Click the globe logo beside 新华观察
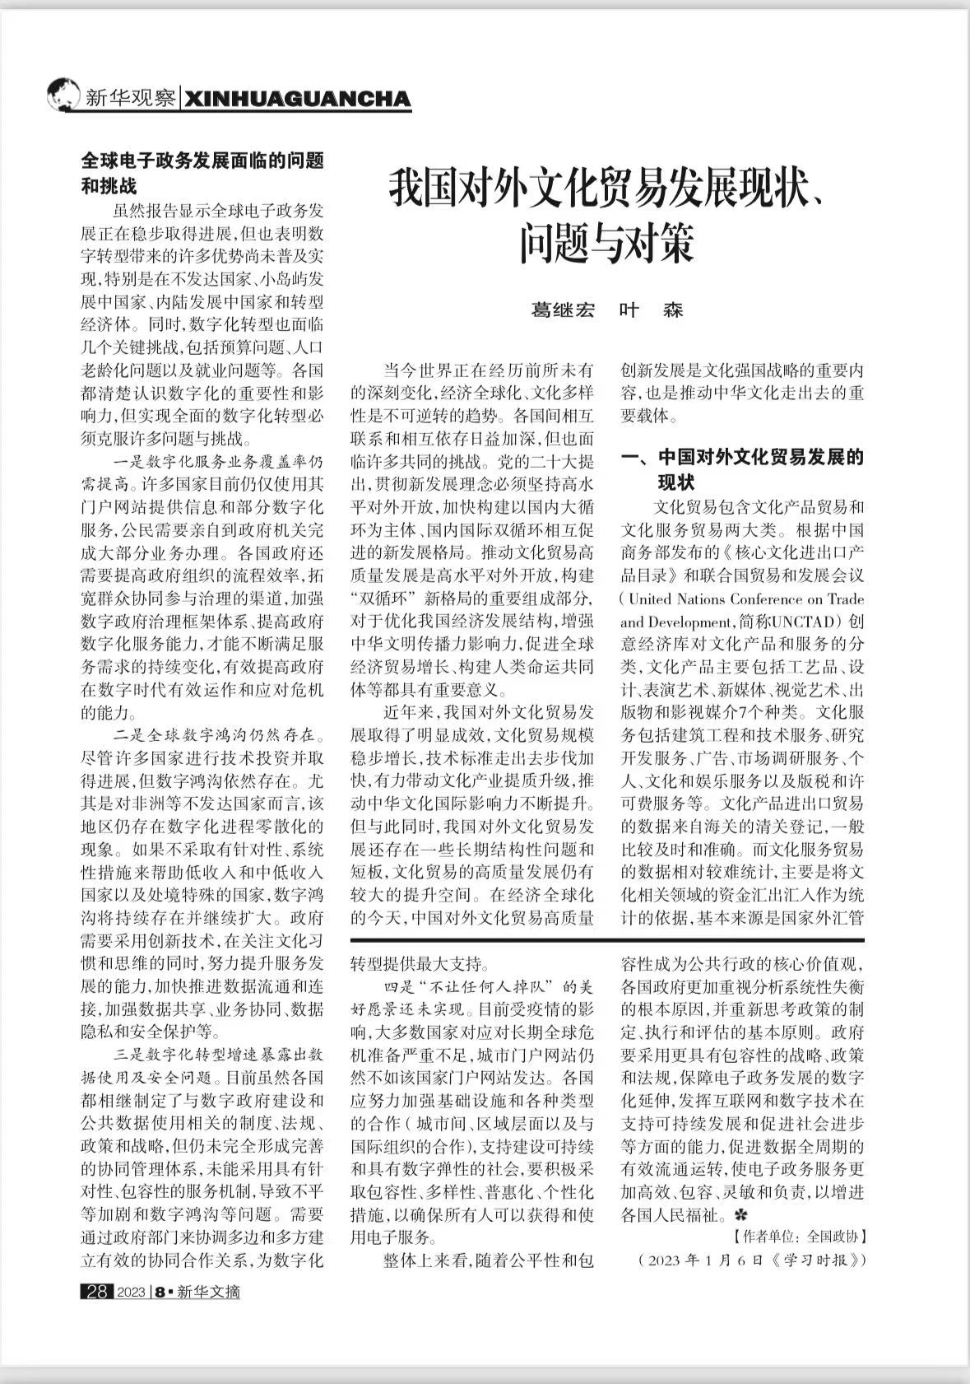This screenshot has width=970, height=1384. point(64,96)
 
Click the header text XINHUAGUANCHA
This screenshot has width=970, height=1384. point(297,100)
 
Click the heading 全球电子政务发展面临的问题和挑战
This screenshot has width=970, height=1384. point(202,173)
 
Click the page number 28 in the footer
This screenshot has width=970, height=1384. point(96,1292)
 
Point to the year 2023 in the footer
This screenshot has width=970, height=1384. point(131,1292)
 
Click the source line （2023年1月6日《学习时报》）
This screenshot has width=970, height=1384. point(752,1260)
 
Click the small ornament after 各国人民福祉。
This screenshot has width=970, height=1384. point(740,1214)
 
